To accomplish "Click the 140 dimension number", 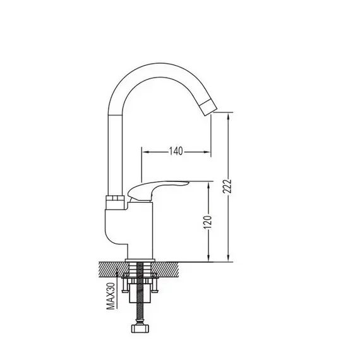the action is coord(176,151).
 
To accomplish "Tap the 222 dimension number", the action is coord(227,187).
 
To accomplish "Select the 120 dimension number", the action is coord(208,222).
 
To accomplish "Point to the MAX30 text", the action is coord(111,296).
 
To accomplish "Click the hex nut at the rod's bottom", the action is coord(140,328).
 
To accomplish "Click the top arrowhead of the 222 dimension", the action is coord(228,117).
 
